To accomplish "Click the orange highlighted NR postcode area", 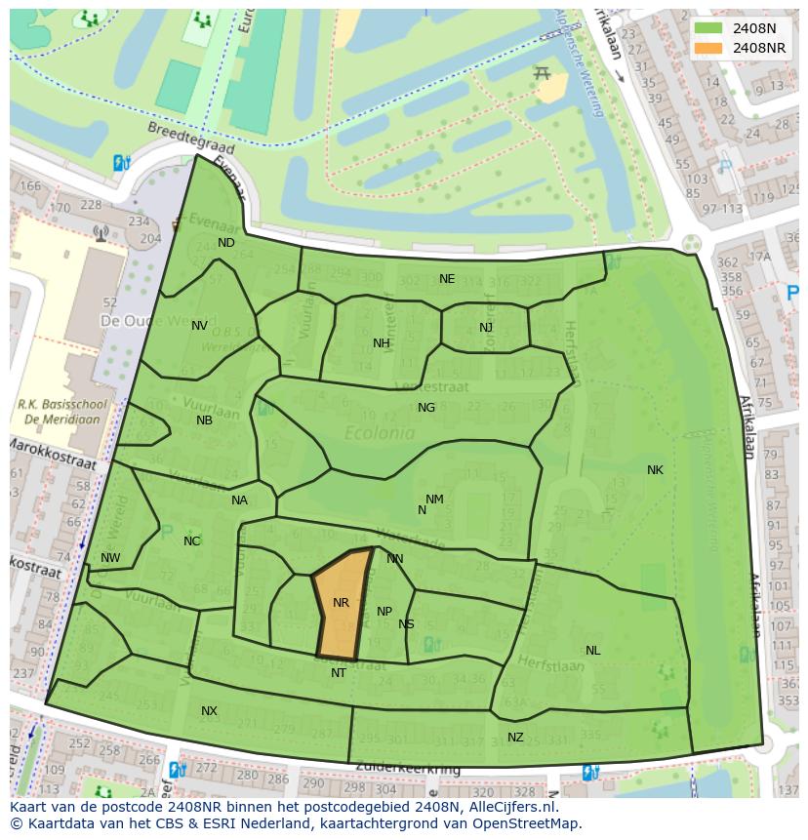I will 342,605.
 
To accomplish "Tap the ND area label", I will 226,243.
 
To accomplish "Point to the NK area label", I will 655,470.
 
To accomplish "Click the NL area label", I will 593,651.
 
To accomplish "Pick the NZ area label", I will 515,738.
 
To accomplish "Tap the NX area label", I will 209,711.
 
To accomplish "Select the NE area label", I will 447,279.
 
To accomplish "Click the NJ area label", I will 486,328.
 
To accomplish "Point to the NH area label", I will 381,343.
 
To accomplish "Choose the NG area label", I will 426,408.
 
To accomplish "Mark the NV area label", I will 199,326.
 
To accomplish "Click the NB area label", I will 204,421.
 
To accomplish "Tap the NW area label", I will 110,559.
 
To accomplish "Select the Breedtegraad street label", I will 181,136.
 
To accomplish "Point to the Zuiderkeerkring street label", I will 407,769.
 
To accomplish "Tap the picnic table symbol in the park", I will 544,73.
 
